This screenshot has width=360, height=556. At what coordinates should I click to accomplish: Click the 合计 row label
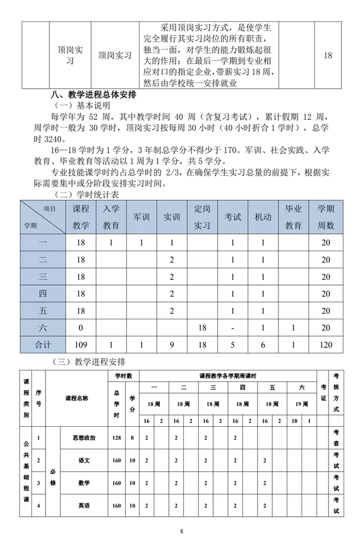43,344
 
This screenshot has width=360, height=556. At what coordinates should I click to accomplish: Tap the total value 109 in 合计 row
81,344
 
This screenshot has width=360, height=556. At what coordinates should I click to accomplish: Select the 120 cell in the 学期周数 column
326,344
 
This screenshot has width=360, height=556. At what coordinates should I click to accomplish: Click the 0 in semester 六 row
81,327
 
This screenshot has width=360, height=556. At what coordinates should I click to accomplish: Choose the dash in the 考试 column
232,327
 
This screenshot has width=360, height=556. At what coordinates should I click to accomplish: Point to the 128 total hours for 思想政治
116,437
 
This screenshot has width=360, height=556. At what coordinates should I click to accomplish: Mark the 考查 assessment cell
336,437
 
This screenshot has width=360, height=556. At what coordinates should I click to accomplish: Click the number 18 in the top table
328,56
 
